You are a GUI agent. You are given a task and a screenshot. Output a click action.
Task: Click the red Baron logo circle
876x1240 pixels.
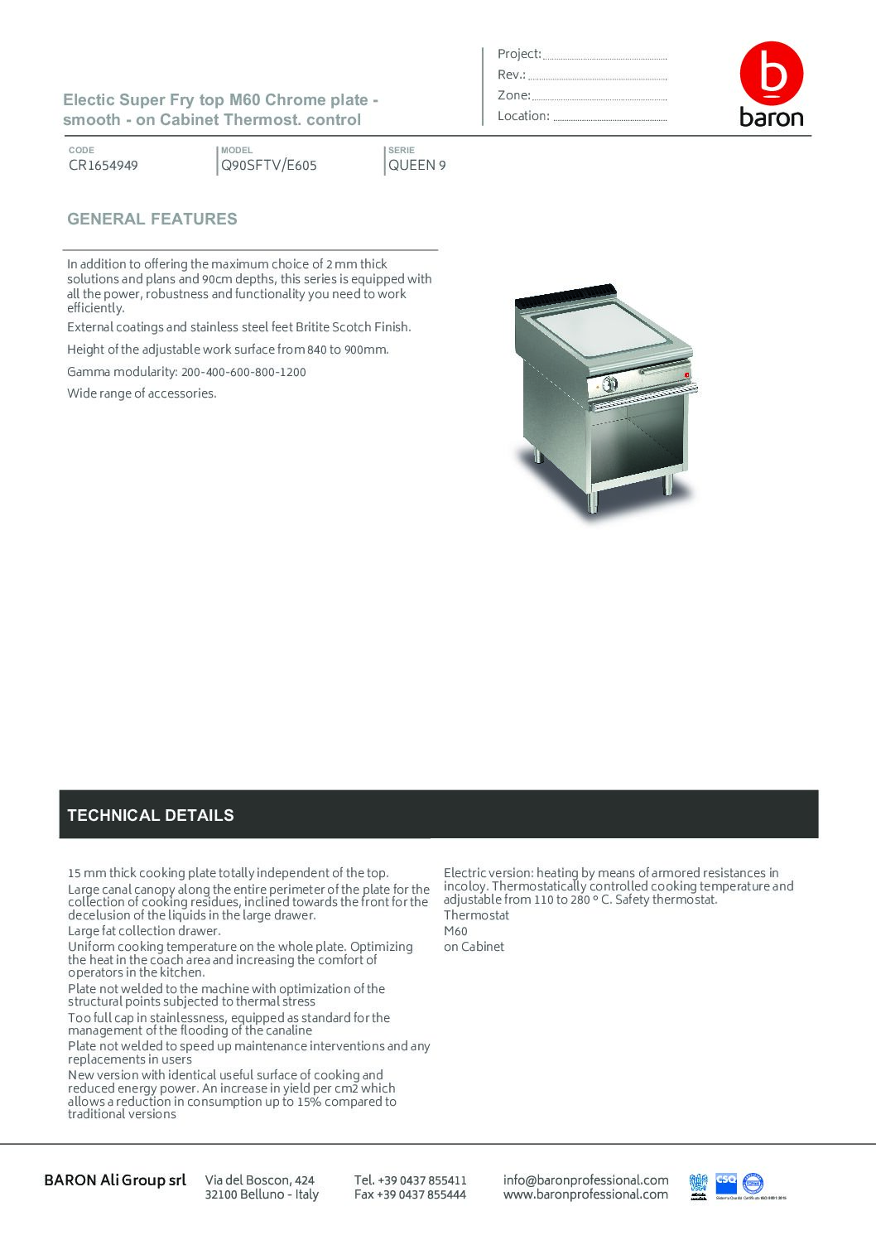coord(771,73)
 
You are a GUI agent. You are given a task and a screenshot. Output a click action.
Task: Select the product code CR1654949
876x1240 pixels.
coord(103,165)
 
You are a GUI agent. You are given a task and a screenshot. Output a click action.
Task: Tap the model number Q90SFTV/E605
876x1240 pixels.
coord(268,165)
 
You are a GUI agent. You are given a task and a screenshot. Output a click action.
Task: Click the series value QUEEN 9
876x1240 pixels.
coord(417,165)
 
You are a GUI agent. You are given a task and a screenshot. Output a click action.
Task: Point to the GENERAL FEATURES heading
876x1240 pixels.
coord(152,220)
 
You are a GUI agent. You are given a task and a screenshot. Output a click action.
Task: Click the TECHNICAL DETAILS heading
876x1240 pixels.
coord(151,815)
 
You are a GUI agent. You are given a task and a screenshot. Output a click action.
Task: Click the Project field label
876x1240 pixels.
coord(519,54)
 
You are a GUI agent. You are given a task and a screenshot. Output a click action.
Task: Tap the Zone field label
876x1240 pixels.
coord(514,95)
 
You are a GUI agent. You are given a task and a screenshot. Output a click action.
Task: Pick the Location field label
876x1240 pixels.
coord(523,116)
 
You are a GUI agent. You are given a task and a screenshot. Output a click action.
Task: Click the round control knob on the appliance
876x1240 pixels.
coord(611,384)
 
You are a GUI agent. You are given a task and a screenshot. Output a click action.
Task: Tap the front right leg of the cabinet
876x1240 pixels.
coord(668,485)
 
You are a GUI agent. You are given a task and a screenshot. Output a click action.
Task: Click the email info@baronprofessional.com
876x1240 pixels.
coord(585,1180)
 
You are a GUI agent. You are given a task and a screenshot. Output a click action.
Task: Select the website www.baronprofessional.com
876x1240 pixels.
coord(585,1194)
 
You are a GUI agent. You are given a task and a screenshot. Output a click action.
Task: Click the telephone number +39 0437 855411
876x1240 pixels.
coord(411,1180)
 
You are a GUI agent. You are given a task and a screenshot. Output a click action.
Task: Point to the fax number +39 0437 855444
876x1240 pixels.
coord(410,1194)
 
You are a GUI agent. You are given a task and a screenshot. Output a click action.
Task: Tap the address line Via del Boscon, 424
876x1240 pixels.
coord(260,1180)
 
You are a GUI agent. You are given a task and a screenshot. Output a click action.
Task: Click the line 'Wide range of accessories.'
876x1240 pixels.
coord(142,393)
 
